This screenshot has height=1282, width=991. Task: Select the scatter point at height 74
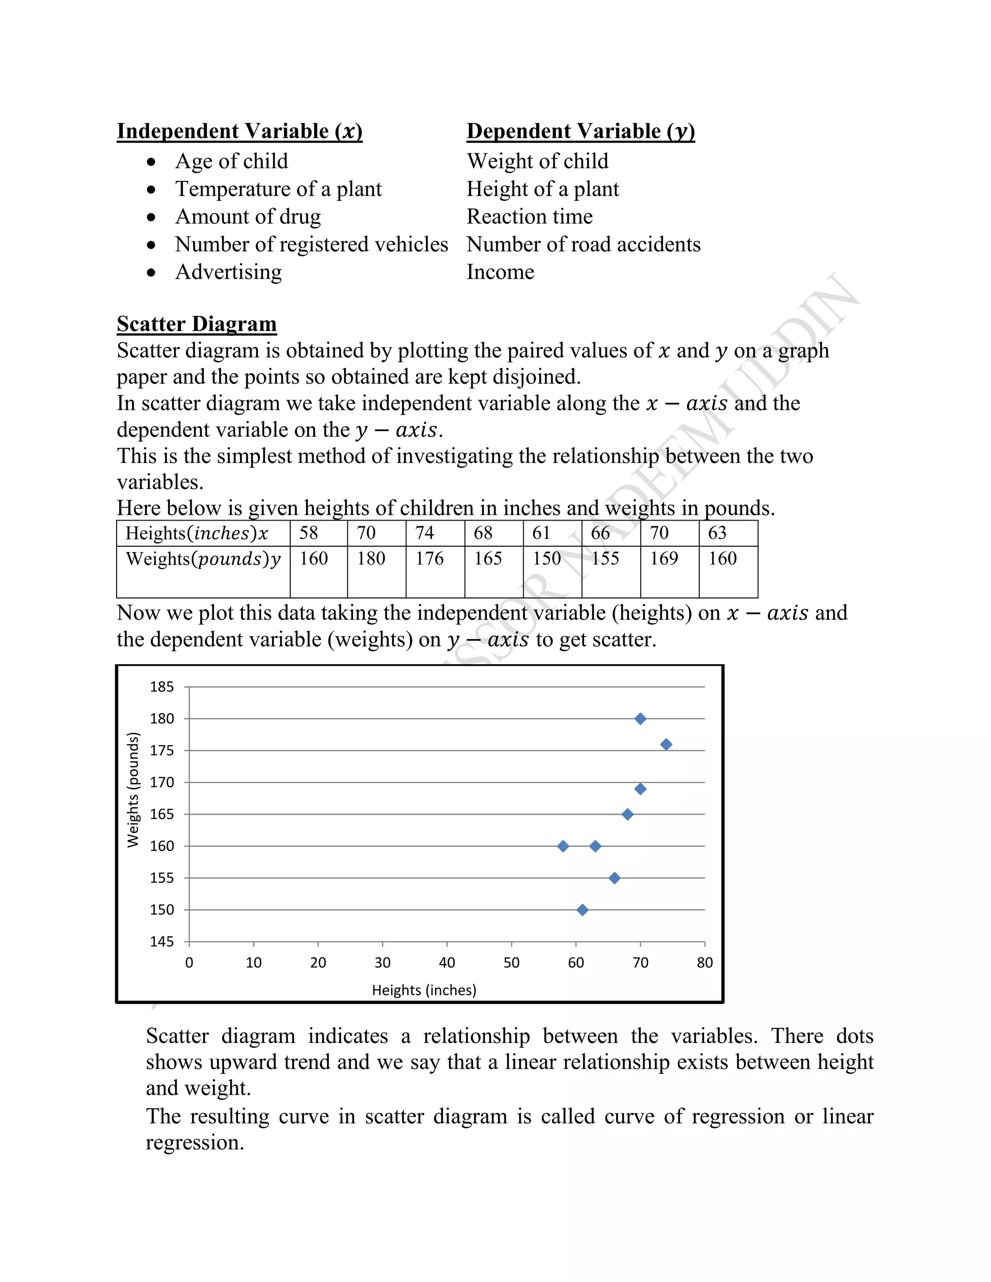(666, 745)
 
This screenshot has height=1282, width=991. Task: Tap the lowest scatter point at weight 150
(583, 910)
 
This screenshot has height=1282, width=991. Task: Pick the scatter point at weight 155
(615, 878)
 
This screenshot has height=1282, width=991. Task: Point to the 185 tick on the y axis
(162, 687)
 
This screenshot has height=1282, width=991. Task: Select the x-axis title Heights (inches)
(424, 990)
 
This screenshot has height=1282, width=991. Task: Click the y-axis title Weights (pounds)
(133, 790)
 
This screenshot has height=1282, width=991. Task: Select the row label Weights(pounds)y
(203, 558)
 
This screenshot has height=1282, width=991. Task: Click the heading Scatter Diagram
(196, 324)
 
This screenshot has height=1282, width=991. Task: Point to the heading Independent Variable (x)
(240, 131)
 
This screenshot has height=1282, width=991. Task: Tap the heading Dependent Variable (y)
(581, 131)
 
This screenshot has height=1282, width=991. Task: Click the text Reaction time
(529, 217)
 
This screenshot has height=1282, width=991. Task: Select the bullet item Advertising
(228, 272)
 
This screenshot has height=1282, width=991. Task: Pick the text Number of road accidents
(584, 244)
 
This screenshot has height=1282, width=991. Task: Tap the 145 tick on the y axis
(162, 941)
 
